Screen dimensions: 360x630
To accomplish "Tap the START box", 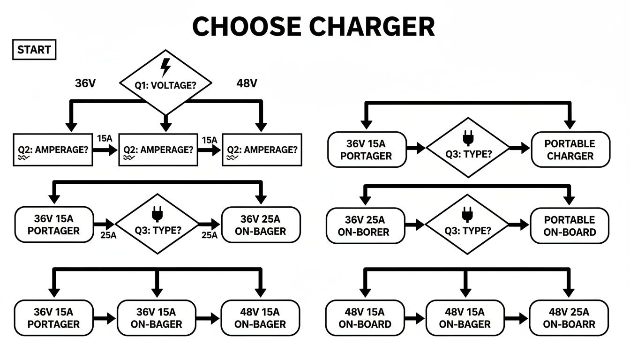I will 34,50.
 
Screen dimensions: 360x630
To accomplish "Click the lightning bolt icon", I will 165,67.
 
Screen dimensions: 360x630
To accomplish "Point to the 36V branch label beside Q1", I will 85,83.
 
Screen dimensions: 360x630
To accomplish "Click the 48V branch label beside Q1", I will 247,83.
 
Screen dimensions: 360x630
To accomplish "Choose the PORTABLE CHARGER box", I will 570,150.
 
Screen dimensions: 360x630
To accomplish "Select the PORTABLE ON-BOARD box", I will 570,225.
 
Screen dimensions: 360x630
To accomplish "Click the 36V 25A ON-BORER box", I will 365,226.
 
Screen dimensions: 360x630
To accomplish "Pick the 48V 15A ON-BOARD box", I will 365,318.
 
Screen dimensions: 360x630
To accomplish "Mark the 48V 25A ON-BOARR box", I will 569,318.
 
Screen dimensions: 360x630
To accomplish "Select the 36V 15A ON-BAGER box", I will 156,318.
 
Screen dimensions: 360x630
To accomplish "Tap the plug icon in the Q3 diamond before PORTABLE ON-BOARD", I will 467,214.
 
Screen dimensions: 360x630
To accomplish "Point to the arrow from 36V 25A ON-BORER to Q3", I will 415,225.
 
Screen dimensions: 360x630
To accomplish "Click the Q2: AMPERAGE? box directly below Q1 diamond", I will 158,150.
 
